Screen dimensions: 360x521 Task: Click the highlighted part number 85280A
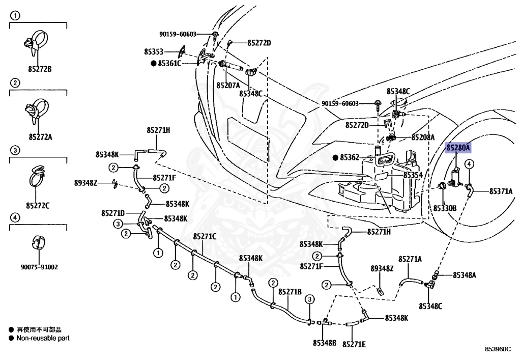coord(458,148)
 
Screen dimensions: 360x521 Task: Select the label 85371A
coord(501,191)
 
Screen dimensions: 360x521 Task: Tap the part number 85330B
coord(445,208)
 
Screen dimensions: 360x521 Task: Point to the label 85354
coord(413,175)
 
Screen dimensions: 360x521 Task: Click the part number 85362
coord(349,158)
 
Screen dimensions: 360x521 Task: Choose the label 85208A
coord(423,137)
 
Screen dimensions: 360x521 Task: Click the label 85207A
coord(227,85)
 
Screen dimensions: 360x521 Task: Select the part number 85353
coord(153,52)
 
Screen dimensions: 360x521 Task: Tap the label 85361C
coord(169,64)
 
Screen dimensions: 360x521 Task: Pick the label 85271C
coord(205,236)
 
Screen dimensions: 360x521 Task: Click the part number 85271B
coord(290,292)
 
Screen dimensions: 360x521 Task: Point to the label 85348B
coord(325,342)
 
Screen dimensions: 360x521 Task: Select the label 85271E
coord(354,344)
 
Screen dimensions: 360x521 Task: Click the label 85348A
coord(465,275)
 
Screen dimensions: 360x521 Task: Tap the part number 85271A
coord(410,259)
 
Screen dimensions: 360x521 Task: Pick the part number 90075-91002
coord(39,266)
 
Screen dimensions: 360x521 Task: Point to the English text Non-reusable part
coord(43,338)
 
